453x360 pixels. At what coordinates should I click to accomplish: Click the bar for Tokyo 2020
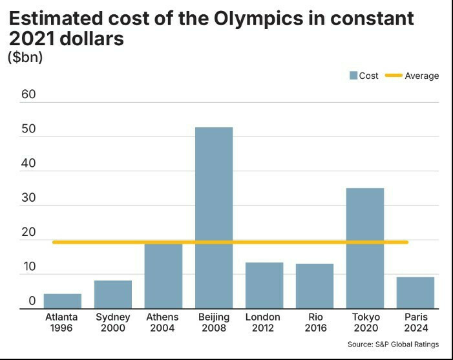365,248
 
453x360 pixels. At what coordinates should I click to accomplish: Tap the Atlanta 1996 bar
63,301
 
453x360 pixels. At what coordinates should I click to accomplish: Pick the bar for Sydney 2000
113,295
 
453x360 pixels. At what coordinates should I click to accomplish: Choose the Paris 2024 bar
416,293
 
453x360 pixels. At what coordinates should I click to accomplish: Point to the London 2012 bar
264,286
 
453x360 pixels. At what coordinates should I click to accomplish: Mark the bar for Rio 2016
315,286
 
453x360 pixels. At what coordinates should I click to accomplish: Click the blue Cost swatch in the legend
353,76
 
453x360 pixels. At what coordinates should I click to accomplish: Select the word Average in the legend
421,76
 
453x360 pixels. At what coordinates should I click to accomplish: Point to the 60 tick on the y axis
28,95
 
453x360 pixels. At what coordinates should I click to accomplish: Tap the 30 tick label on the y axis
28,198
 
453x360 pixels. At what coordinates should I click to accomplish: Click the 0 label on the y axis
32,301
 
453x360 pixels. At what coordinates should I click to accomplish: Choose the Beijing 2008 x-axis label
214,323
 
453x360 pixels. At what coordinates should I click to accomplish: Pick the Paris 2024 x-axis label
416,323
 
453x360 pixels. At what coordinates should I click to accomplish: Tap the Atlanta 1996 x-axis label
62,323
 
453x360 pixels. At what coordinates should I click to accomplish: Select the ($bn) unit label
25,57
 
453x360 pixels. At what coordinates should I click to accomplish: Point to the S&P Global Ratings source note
393,344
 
